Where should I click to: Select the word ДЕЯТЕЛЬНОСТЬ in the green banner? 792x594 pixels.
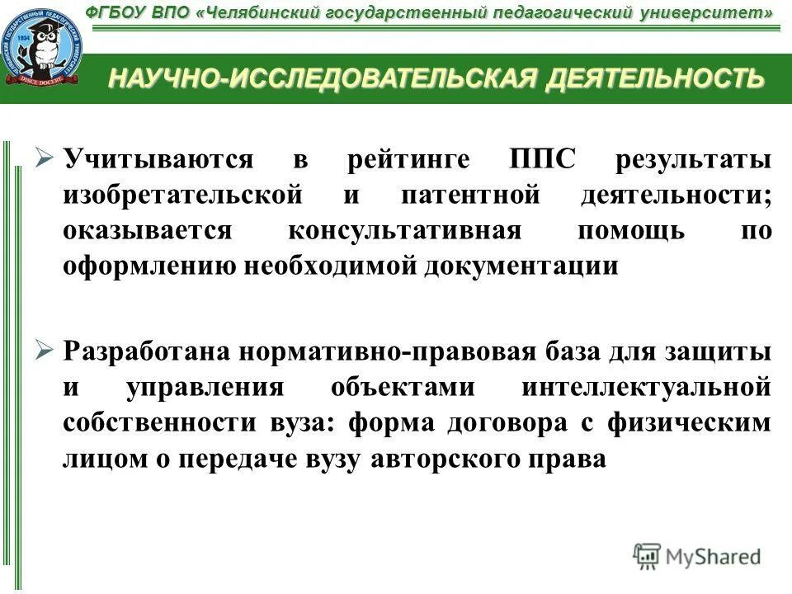point(651,78)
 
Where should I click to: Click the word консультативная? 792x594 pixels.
point(405,230)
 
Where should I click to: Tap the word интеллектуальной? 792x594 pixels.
point(647,387)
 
